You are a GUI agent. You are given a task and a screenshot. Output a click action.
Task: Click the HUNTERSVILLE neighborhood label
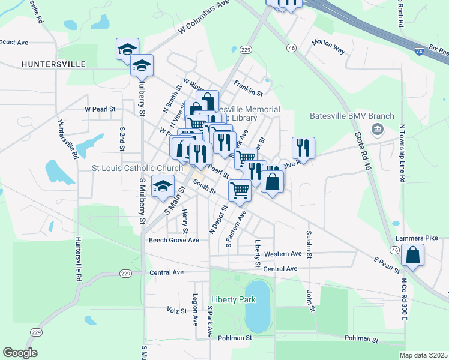tap(53, 64)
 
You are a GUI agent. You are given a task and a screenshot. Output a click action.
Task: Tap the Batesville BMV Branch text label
tap(352, 116)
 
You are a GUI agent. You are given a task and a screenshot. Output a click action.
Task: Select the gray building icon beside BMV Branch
tap(377, 128)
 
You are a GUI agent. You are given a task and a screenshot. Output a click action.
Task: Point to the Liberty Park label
tap(234, 299)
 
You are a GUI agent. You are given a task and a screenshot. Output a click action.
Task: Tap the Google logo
tap(20, 352)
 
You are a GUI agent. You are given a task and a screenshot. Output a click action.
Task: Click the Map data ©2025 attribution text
tap(423, 355)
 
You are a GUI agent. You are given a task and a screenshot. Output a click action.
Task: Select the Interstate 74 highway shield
tap(418, 53)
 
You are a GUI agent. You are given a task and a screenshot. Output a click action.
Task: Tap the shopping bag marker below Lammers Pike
tap(414, 254)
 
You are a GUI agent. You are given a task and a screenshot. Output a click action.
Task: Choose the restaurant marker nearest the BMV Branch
tap(303, 148)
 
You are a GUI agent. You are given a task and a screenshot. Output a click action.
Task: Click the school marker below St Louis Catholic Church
tap(162, 187)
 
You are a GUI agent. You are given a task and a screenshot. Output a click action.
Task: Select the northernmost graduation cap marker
tap(127, 49)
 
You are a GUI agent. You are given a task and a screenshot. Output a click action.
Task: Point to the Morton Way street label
tap(328, 47)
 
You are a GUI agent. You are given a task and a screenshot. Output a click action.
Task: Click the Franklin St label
tap(249, 89)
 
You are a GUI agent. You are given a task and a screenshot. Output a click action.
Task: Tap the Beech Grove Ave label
tap(173, 240)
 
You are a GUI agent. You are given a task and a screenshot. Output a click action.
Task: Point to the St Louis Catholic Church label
tap(137, 169)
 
